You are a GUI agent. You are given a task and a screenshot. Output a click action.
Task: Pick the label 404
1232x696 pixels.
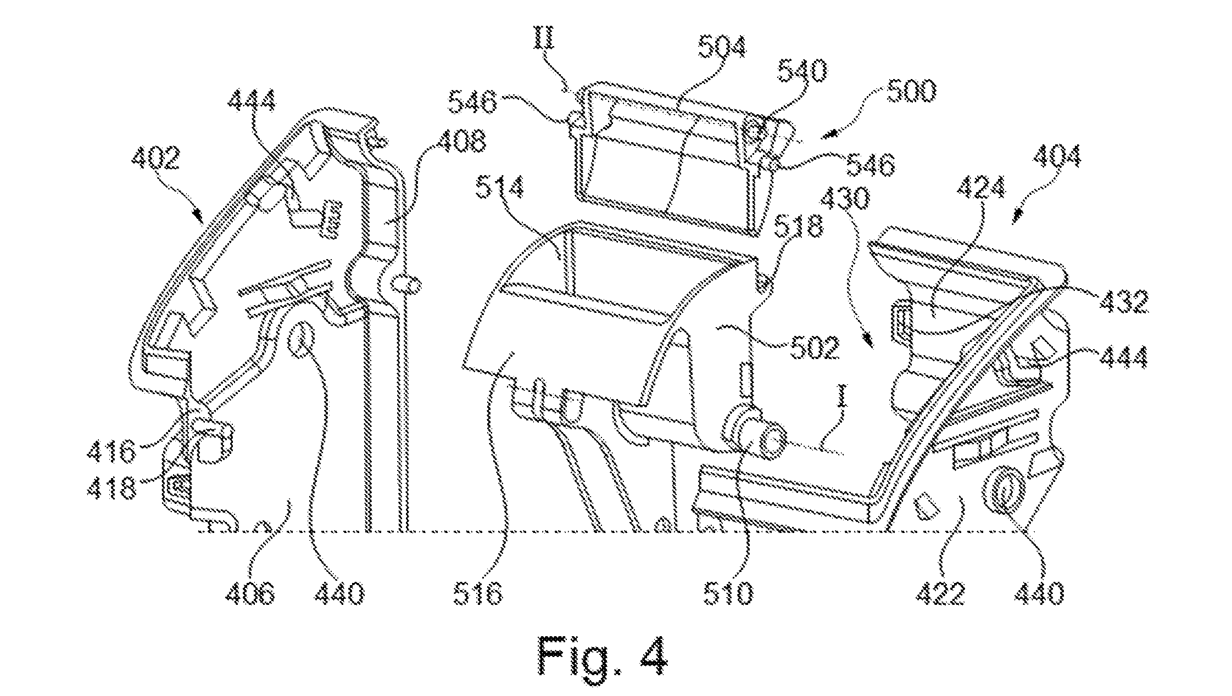point(1057,156)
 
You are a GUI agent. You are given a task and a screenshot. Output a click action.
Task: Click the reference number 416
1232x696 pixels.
point(112,452)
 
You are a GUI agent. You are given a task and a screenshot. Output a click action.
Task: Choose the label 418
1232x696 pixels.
point(112,487)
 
